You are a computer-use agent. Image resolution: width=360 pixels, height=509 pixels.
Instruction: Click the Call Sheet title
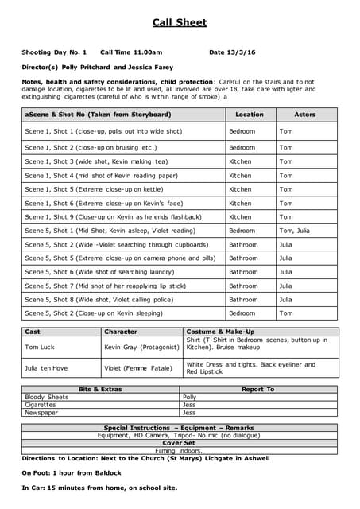[x=180, y=23]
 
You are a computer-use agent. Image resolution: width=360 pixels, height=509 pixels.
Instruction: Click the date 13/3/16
[x=242, y=52]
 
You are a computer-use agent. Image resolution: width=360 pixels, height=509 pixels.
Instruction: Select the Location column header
[x=250, y=115]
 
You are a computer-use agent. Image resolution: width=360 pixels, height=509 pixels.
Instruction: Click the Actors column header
[x=305, y=115]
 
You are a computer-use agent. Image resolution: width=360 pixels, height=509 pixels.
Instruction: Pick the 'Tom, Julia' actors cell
[x=294, y=231]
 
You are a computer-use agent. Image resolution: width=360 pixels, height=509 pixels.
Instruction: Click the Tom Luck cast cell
[x=41, y=347]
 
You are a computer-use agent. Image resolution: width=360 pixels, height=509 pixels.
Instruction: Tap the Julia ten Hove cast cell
[x=46, y=367]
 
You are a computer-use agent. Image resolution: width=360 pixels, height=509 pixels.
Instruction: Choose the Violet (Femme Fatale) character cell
[x=135, y=367]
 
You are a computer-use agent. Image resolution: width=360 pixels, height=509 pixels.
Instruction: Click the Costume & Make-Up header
[x=220, y=332]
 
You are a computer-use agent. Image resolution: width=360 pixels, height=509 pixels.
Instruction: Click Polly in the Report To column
[x=189, y=397]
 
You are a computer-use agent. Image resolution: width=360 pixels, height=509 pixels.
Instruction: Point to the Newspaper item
[x=41, y=413]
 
